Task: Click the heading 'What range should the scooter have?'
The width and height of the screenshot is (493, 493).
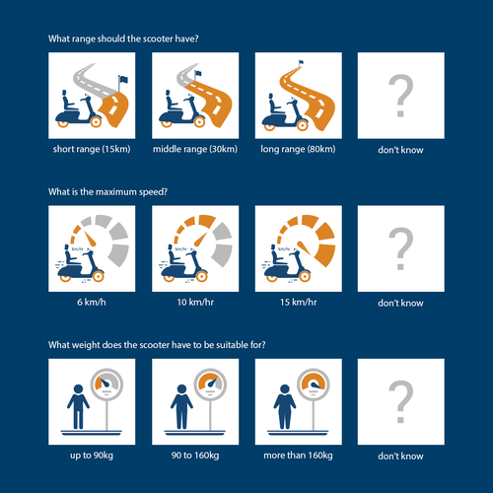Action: pyautogui.click(x=123, y=38)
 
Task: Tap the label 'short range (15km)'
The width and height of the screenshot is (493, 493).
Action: pyautogui.click(x=92, y=149)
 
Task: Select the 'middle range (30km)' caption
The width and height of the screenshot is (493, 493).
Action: pyautogui.click(x=195, y=149)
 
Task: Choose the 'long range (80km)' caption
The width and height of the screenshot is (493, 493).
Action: pyautogui.click(x=298, y=149)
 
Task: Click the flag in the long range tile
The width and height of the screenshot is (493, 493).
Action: pyautogui.click(x=301, y=62)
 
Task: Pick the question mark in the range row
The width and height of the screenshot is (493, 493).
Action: pyautogui.click(x=400, y=96)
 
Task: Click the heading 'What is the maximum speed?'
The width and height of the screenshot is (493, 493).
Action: pyautogui.click(x=107, y=191)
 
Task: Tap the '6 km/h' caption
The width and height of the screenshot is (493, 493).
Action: pyautogui.click(x=92, y=302)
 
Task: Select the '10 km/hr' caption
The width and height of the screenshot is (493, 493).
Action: pyautogui.click(x=195, y=302)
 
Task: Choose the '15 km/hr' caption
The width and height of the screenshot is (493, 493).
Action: pyautogui.click(x=299, y=302)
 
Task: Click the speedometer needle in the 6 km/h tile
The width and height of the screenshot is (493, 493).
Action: pyautogui.click(x=90, y=239)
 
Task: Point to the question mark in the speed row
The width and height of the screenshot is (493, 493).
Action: pyautogui.click(x=400, y=248)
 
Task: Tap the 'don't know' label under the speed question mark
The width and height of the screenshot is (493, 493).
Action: pyautogui.click(x=400, y=303)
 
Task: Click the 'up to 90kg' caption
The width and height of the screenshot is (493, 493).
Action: pyautogui.click(x=92, y=456)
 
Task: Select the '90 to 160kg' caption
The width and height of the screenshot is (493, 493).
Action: pyautogui.click(x=195, y=456)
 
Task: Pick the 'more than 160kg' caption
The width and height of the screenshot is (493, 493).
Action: pyautogui.click(x=298, y=456)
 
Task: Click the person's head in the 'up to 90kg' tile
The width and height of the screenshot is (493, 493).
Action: pyautogui.click(x=78, y=388)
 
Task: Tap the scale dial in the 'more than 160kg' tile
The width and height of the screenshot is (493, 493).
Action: pyautogui.click(x=314, y=385)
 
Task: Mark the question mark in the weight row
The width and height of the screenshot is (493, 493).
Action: pyautogui.click(x=400, y=401)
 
